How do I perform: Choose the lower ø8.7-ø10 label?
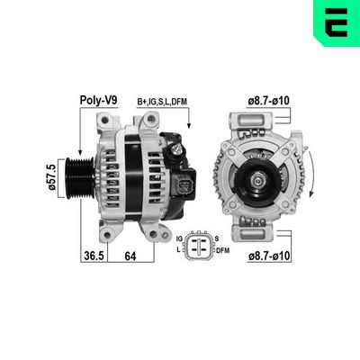coord(268,256)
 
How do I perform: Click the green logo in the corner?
coord(338,22)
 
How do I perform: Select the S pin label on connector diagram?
coord(217,237)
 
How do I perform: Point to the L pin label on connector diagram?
coord(181,251)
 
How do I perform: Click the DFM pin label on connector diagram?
coord(221,252)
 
